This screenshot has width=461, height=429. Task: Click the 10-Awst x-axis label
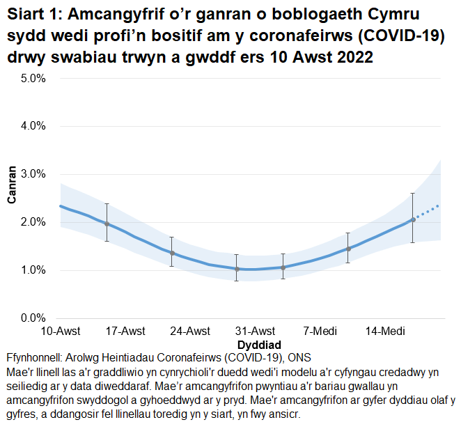[61, 331]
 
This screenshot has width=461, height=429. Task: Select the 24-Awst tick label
[190, 331]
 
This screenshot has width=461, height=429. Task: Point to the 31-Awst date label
[255, 331]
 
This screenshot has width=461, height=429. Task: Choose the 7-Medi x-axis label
[320, 331]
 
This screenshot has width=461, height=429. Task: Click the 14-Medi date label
[384, 331]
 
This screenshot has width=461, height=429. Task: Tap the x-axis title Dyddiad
[259, 345]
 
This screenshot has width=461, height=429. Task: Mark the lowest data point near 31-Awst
[237, 269]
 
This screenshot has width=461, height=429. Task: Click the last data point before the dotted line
[413, 219]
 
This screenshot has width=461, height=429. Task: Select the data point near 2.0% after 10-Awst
[107, 224]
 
